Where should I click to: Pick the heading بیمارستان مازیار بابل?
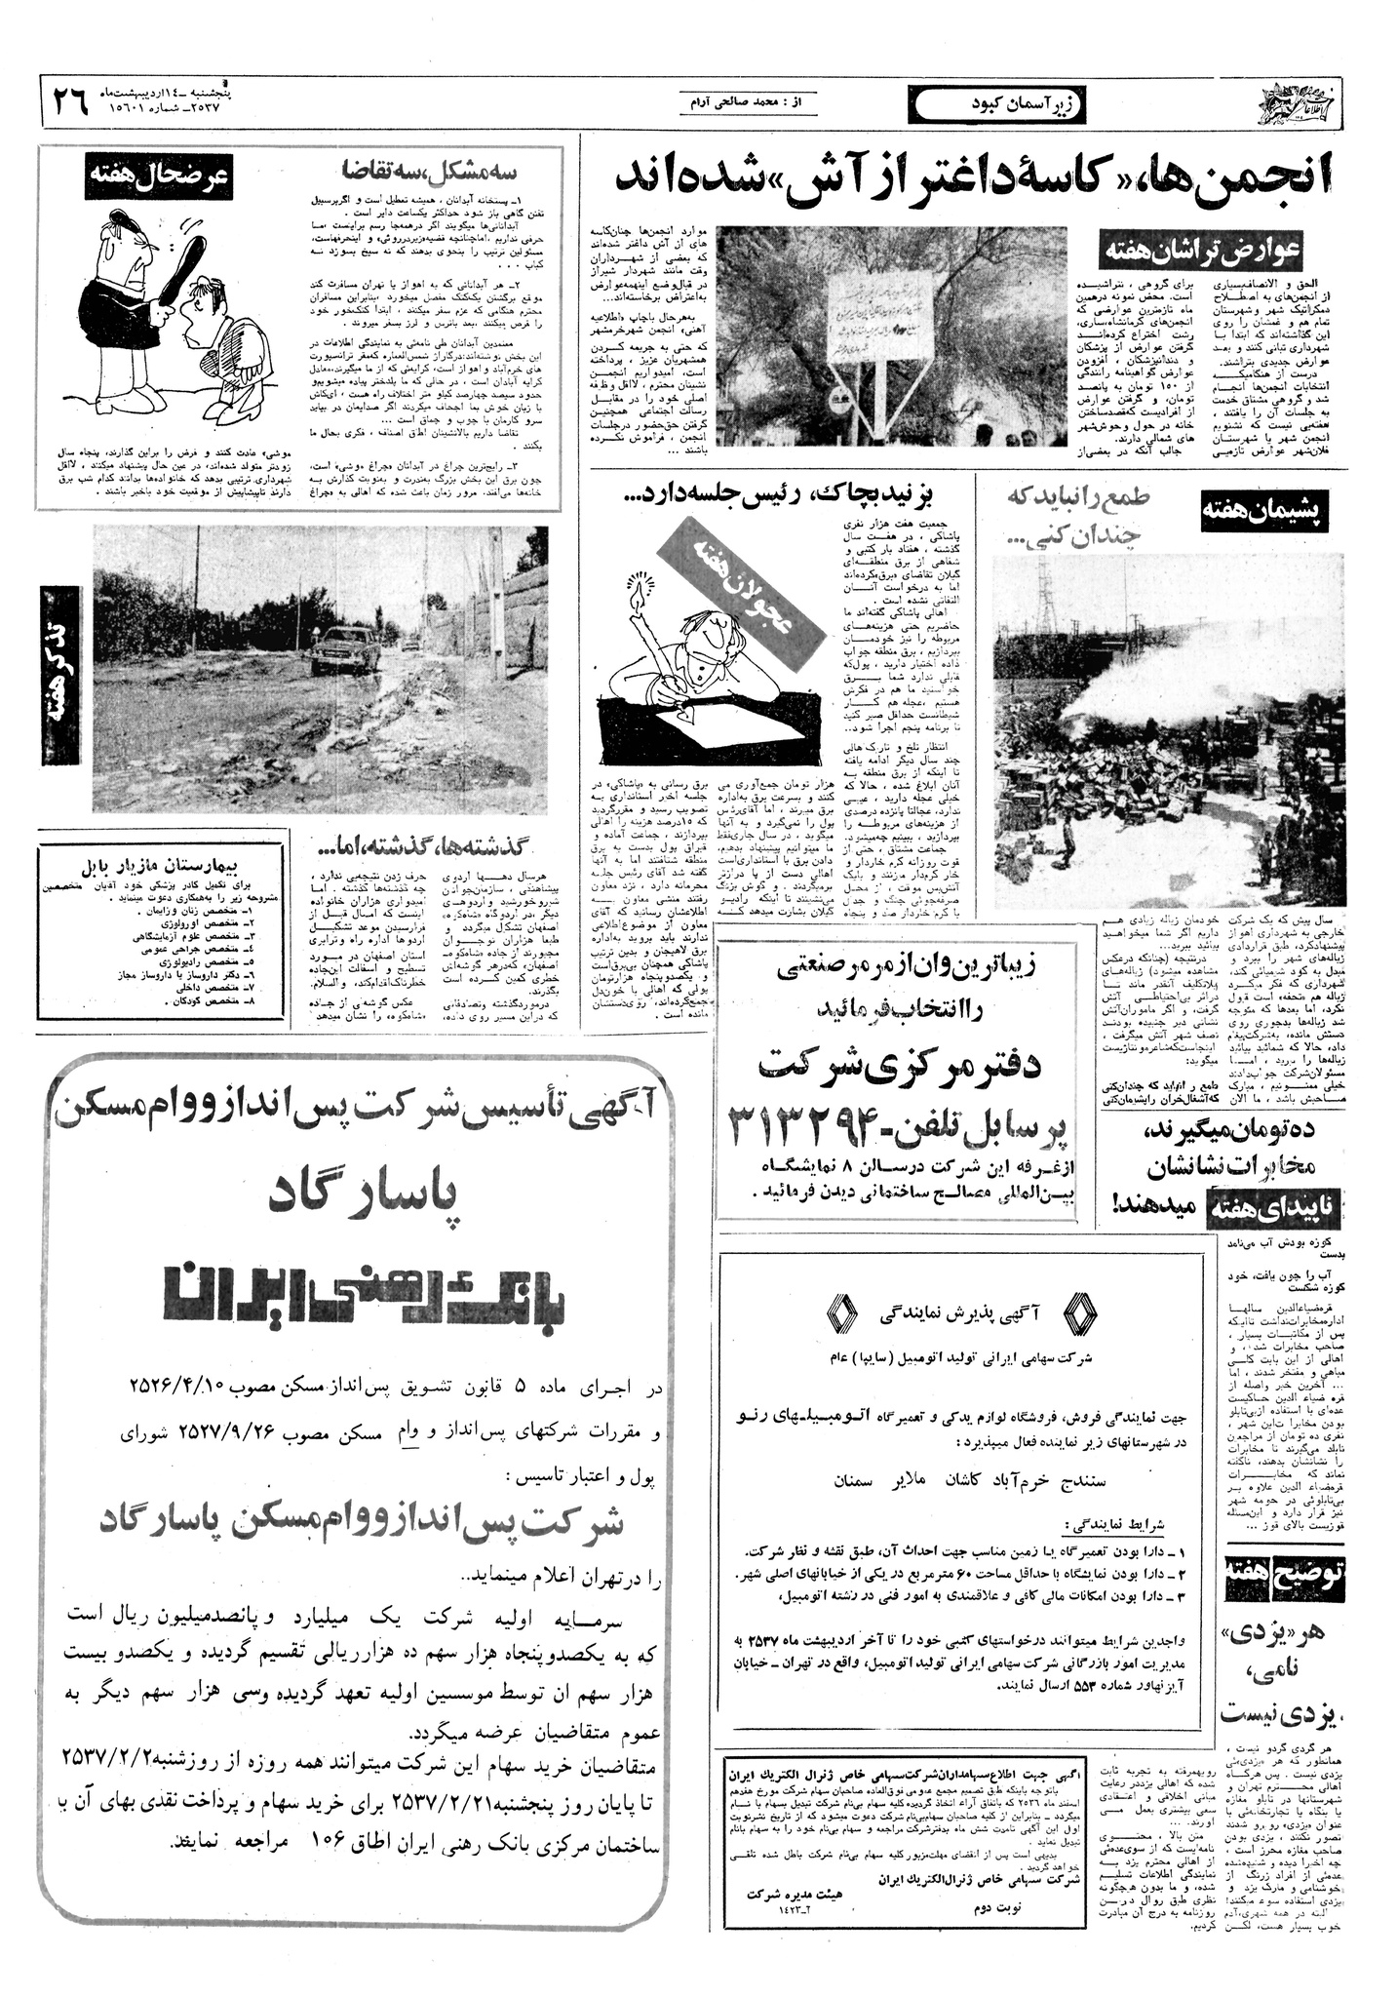click(x=163, y=865)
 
